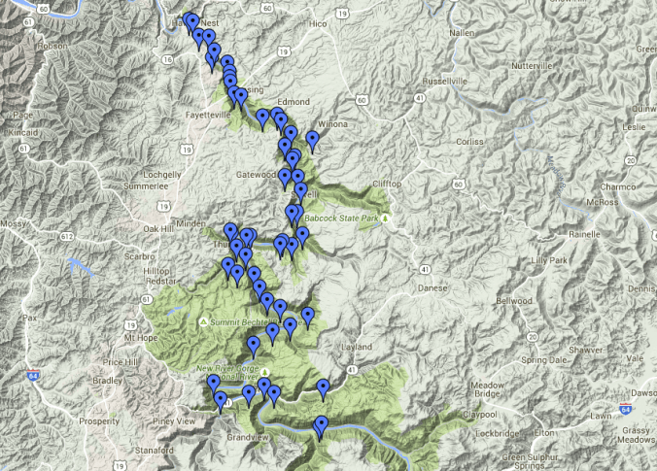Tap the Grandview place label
click(x=246, y=438)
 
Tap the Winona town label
click(x=332, y=124)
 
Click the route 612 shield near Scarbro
click(x=67, y=237)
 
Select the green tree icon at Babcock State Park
click(x=386, y=219)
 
